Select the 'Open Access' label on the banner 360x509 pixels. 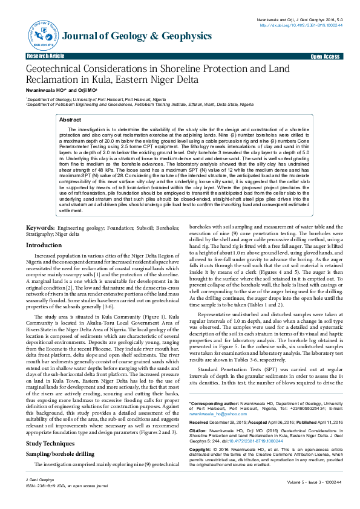coord(324,56)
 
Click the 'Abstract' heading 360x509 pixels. coord(70,120)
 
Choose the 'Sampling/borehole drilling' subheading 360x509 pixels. coord(60,437)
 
